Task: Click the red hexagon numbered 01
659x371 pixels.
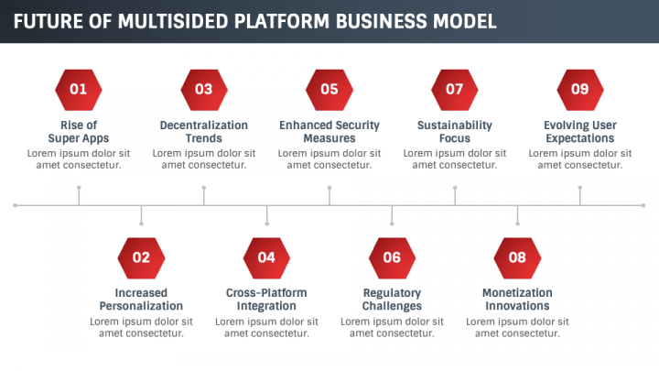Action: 79,89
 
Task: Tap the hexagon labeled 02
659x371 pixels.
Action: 141,257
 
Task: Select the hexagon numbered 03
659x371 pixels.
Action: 204,89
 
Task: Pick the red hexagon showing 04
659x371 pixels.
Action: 266,257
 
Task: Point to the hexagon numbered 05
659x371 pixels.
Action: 329,89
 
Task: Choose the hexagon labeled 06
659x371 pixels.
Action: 392,257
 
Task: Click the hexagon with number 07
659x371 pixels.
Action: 455,89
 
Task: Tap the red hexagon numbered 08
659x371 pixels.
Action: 517,257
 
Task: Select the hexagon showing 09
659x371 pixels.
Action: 580,89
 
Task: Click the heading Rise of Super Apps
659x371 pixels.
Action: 79,131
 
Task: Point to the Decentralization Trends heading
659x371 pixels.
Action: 204,131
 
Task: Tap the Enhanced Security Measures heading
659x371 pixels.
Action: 329,131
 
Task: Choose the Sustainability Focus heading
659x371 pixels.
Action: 455,131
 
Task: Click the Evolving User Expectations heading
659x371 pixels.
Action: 580,131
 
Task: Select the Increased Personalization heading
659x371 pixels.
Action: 141,300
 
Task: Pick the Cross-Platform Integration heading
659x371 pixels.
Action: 266,300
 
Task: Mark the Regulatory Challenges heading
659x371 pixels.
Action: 392,300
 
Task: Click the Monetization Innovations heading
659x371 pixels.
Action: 517,300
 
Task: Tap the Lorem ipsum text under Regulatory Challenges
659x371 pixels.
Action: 392,327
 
